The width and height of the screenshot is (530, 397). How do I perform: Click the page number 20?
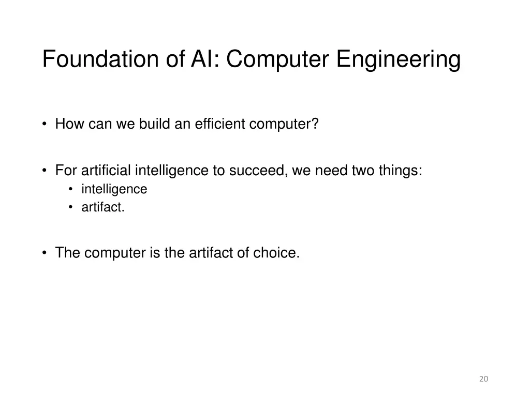[483, 379]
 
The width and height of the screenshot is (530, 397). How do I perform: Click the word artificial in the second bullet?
[107, 171]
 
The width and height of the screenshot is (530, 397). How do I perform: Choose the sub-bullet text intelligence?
[114, 190]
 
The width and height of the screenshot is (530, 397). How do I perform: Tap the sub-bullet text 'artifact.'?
[103, 208]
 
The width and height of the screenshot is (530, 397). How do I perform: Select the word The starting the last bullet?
[68, 253]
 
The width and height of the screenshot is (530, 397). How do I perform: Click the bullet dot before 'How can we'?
[46, 125]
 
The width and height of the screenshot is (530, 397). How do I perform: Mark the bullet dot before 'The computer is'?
[46, 253]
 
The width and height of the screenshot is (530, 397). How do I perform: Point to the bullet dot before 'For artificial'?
[46, 171]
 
